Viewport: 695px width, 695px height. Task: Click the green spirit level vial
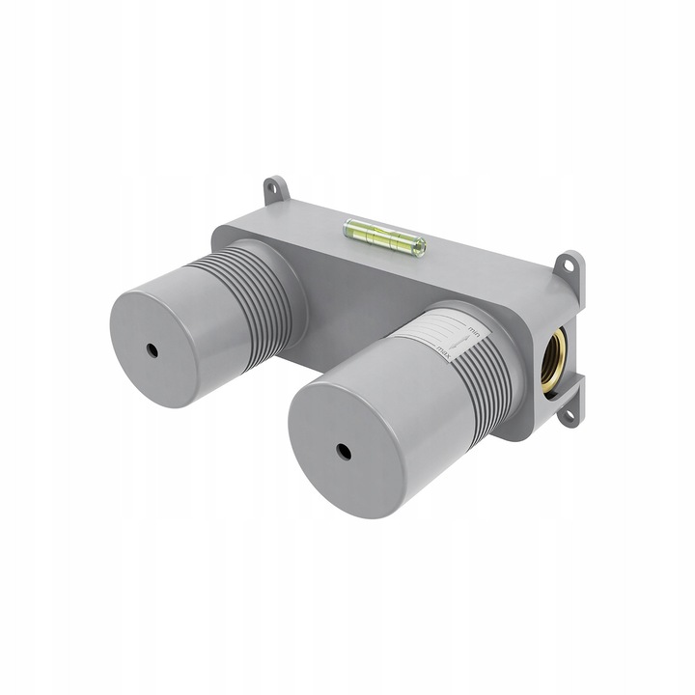pyautogui.click(x=384, y=236)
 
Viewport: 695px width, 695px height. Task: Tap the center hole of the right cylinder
pyautogui.click(x=343, y=451)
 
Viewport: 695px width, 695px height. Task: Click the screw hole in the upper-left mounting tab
pyautogui.click(x=275, y=190)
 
